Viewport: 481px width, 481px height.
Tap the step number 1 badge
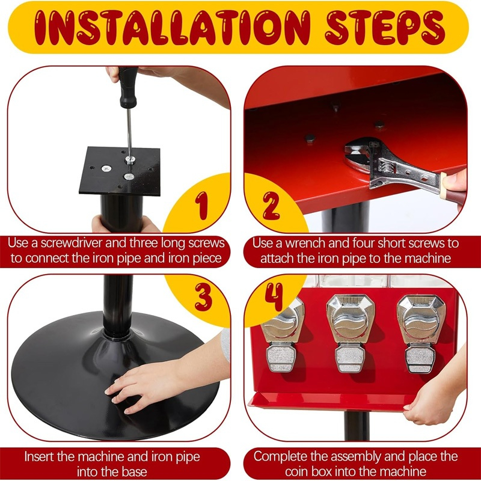pos(201,205)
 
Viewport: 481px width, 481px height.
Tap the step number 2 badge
pos(271,205)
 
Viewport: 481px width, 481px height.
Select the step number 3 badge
pos(203,296)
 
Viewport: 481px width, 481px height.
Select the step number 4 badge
pos(274,296)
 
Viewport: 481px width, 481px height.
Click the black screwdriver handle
pos(128,87)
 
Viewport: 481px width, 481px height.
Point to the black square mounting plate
pos(120,171)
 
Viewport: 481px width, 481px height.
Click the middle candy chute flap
pos(350,358)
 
